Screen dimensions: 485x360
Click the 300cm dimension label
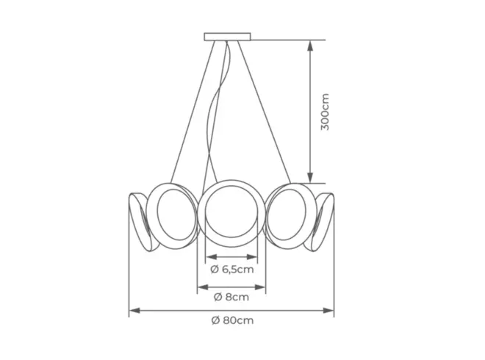pyautogui.click(x=326, y=112)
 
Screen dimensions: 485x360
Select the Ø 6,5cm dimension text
pyautogui.click(x=232, y=270)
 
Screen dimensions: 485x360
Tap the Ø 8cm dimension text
pyautogui.click(x=231, y=297)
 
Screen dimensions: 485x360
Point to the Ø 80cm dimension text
pyautogui.click(x=233, y=320)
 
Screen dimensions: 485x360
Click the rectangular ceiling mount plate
pyautogui.click(x=227, y=37)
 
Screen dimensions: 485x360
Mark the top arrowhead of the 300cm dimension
pyautogui.click(x=311, y=45)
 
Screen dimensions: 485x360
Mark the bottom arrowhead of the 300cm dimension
pyautogui.click(x=311, y=178)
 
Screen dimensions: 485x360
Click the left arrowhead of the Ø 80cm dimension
pyautogui.click(x=134, y=310)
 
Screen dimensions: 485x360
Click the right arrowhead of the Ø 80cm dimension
pyautogui.click(x=328, y=310)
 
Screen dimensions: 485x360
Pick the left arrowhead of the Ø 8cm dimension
pyautogui.click(x=203, y=287)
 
